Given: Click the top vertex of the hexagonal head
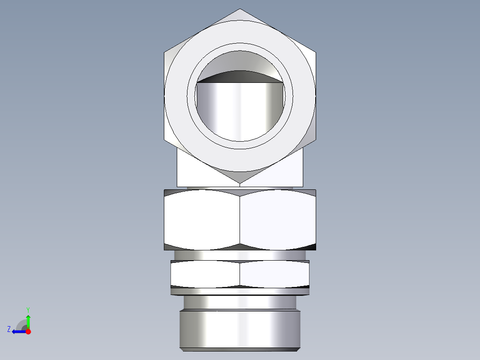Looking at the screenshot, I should pos(240,9).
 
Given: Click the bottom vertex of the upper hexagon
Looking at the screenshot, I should pos(240,183).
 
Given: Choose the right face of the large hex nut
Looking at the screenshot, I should pos(278,219).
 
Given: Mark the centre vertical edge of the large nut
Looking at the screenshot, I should pos(240,219).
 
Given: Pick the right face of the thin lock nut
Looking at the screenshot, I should pos(274,274).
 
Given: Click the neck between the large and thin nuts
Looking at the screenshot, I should pos(240,255).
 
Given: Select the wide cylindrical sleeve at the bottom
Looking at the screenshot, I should pos(240,330).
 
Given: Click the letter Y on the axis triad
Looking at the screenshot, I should pos(28,309).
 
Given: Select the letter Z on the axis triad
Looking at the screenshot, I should pos(8,329).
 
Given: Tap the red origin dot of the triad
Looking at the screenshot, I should pos(28,331).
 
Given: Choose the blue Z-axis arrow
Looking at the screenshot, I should pos(19,331).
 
